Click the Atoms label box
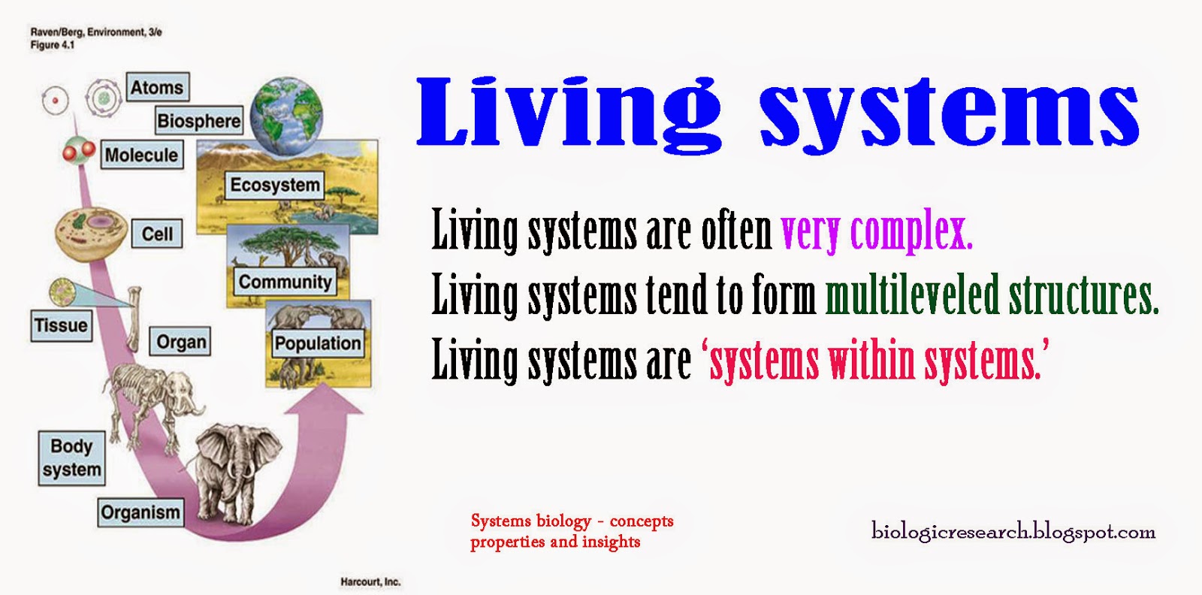(157, 87)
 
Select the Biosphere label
(199, 120)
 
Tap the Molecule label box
(141, 155)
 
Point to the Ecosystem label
(275, 185)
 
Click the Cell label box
(157, 234)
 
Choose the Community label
(285, 282)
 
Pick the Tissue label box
(61, 325)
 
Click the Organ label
(181, 342)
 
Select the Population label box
(318, 343)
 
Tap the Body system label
(71, 458)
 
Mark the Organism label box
(140, 512)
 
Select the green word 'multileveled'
(912, 295)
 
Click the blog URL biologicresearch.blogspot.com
(1013, 532)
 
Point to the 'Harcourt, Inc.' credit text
(370, 581)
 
